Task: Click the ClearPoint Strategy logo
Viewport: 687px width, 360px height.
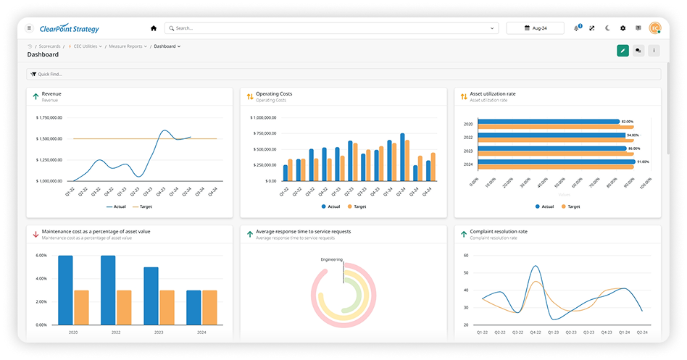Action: coord(70,28)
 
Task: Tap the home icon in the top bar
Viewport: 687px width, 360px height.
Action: coord(153,28)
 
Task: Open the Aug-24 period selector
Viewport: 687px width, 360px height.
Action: coord(535,28)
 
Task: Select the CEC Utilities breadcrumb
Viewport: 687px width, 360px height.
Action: coord(87,46)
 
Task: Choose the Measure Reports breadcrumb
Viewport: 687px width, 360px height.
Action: coord(126,46)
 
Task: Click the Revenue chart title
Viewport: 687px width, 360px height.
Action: coord(51,94)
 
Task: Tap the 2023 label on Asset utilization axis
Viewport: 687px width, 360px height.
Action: coord(468,151)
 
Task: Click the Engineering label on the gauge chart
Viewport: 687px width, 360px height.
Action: coord(331,259)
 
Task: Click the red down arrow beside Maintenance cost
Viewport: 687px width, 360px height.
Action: coord(36,234)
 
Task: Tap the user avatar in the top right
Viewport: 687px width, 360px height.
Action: coord(655,28)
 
